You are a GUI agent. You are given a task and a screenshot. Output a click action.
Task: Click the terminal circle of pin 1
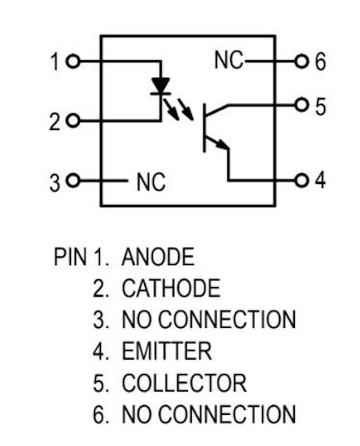73,61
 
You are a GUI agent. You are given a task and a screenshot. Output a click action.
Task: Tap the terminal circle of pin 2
73,121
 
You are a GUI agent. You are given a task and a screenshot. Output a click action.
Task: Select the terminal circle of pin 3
73,180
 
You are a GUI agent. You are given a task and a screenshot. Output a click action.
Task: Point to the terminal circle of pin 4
301,180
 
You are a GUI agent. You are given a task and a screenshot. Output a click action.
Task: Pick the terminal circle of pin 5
301,105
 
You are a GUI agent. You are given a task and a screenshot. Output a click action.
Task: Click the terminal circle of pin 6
301,61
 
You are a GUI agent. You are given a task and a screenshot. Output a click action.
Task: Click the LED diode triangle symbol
160,85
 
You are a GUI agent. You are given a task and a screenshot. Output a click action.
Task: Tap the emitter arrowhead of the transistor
223,145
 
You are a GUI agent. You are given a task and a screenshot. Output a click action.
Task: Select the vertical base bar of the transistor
204,128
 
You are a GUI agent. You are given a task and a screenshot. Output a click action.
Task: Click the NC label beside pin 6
229,60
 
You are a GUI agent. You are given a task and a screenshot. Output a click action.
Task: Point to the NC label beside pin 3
151,182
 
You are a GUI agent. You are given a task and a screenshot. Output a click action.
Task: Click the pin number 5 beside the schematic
320,106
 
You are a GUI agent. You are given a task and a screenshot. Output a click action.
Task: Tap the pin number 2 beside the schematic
55,122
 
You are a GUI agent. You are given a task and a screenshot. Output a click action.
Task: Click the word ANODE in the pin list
158,256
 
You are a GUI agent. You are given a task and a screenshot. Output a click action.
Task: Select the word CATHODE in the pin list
171,288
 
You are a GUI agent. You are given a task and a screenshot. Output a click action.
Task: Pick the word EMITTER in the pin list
167,351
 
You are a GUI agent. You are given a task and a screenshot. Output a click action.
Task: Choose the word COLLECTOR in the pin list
184,383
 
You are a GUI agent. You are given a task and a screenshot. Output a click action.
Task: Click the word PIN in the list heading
70,256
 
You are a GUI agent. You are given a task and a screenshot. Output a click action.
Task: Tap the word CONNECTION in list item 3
227,319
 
